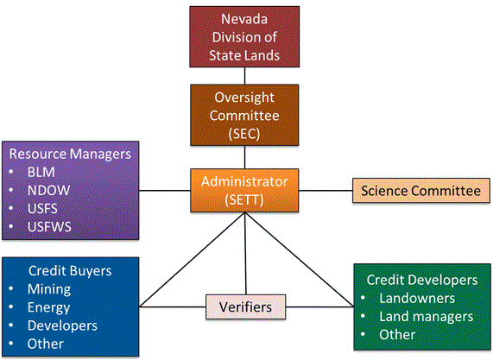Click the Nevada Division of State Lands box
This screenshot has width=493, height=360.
pos(244,37)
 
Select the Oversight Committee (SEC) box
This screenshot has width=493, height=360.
pos(244,115)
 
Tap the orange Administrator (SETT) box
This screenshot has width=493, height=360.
pos(244,191)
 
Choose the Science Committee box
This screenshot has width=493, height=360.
pos(421,191)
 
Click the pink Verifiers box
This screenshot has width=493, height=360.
pos(245,306)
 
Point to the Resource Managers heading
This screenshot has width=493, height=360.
pos(70,154)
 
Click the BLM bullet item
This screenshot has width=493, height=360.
pos(41,173)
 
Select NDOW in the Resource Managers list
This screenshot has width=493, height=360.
pos(48,191)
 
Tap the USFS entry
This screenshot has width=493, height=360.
pos(42,209)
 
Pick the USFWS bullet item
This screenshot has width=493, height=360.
pos(49,227)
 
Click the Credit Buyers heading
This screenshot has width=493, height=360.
pos(70,271)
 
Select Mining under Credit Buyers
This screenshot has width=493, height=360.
pos(49,289)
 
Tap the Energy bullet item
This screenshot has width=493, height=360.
pos(48,308)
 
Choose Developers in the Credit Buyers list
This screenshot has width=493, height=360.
pos(62,325)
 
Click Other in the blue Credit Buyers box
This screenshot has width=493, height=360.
pos(45,344)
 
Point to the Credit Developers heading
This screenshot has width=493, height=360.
pos(422,280)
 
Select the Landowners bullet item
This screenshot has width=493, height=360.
pos(417,299)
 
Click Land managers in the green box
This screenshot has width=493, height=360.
pos(426,317)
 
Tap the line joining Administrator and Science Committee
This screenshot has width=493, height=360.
pos(326,191)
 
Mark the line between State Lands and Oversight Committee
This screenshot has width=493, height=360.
pos(244,76)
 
